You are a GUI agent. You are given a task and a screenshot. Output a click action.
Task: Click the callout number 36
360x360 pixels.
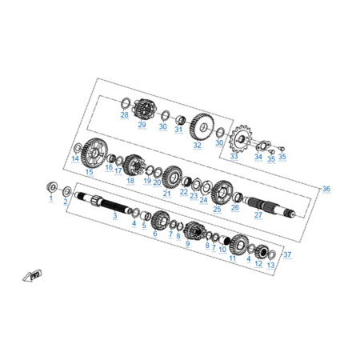pyautogui.click(x=326, y=189)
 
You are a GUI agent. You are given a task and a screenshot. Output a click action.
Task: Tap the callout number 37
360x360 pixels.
pyautogui.click(x=287, y=254)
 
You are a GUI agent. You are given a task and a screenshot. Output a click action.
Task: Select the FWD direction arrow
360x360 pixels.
pyautogui.click(x=32, y=275)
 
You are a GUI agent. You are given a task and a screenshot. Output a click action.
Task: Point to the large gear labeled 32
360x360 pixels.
pyautogui.click(x=202, y=126)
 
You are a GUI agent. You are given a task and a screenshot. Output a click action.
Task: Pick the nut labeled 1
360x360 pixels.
pyautogui.click(x=52, y=186)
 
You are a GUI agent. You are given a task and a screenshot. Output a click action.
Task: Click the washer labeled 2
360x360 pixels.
pyautogui.click(x=67, y=191)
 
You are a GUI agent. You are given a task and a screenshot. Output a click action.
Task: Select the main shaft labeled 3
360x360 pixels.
pyautogui.click(x=103, y=203)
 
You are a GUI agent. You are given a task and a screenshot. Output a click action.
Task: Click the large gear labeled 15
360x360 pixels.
pyautogui.click(x=94, y=153)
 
